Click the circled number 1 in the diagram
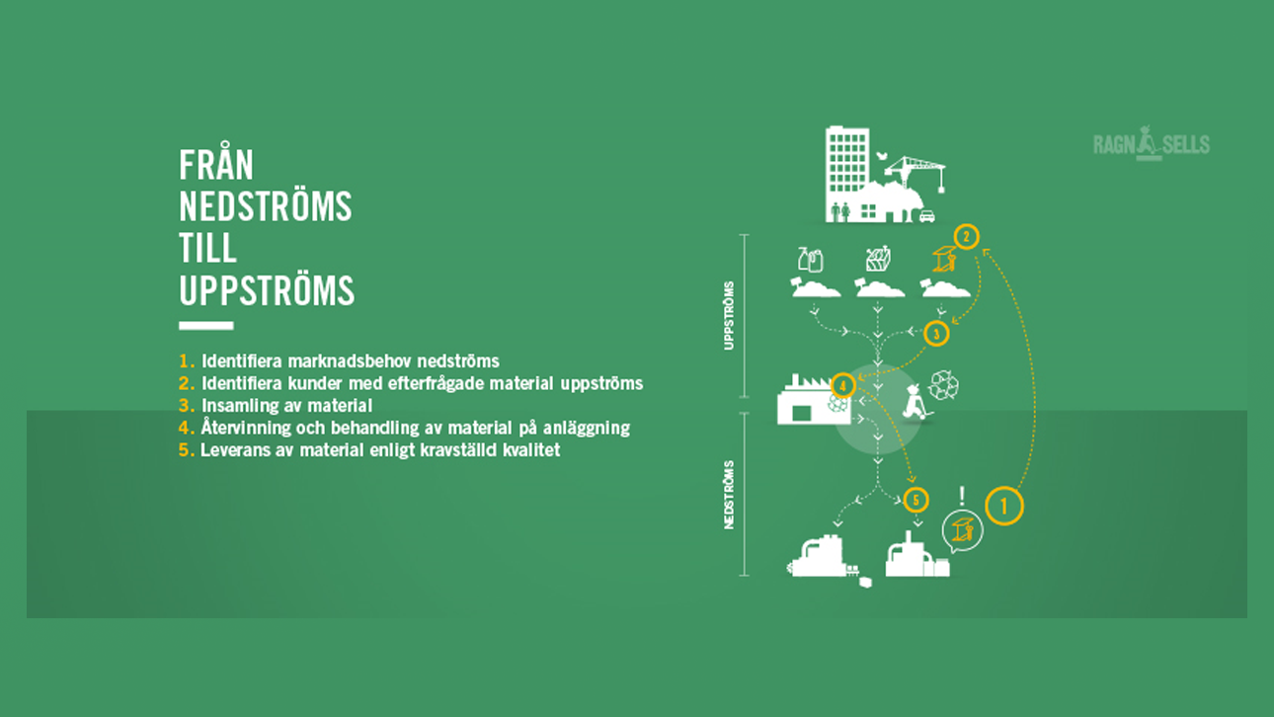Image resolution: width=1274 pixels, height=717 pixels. point(1003,506)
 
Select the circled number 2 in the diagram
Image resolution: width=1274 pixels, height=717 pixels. point(966,237)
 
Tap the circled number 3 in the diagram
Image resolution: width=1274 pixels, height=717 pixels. point(936,334)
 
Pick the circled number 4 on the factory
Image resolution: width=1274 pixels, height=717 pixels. point(842,386)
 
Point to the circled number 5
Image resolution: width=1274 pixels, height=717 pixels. point(916,501)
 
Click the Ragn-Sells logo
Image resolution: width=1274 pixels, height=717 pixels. point(1152,143)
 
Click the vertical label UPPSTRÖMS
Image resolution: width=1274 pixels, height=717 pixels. point(729,316)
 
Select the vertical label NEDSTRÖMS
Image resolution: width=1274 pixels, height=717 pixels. point(729,495)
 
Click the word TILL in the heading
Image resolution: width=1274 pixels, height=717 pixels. point(207,248)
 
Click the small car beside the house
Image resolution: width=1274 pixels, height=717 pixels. point(927,216)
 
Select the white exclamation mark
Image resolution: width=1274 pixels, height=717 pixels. point(962,496)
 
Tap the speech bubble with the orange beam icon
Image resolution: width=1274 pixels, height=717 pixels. point(962,531)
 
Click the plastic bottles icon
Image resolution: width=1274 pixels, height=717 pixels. point(810,260)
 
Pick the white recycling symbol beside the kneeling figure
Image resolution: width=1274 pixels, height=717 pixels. point(943,385)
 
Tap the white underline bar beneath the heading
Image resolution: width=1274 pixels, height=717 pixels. point(205,326)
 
